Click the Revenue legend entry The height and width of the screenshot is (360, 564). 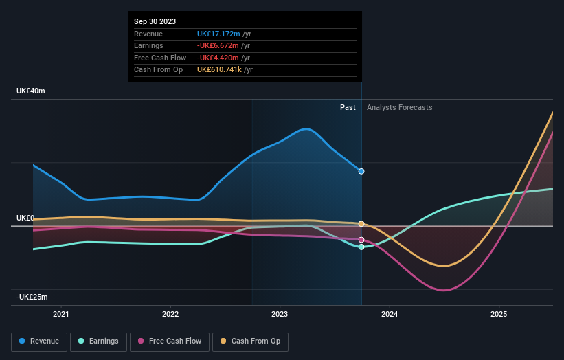tap(39, 341)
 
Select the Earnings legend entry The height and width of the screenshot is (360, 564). tap(98, 341)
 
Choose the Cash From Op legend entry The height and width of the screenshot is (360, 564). tap(251, 341)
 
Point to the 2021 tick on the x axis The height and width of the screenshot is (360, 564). tap(61, 315)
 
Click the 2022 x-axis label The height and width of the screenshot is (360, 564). tap(170, 315)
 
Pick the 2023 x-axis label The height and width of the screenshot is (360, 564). tap(280, 315)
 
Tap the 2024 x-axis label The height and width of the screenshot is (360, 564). tap(389, 315)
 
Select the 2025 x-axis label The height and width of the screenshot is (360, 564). tap(499, 315)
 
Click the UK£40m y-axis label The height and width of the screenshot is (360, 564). tap(31, 91)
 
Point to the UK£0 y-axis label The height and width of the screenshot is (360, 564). tap(25, 218)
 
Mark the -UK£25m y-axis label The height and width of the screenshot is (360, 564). tap(32, 297)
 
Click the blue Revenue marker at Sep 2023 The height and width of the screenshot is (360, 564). tap(361, 171)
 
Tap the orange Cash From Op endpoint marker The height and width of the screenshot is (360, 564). tap(361, 224)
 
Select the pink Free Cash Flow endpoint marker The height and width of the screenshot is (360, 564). tap(361, 240)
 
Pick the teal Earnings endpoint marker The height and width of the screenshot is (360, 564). tap(361, 247)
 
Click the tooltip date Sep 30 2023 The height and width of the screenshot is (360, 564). tap(155, 21)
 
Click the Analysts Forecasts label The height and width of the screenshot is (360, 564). tap(400, 107)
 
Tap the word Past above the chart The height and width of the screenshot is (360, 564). tap(348, 107)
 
